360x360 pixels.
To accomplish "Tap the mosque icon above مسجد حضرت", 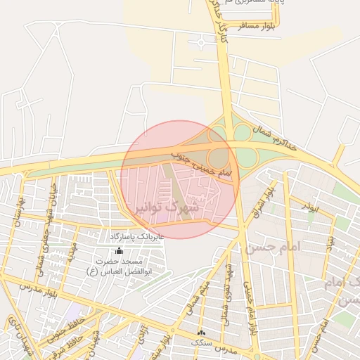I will pyautogui.click(x=118, y=250).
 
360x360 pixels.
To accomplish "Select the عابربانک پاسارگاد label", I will pyautogui.click(x=137, y=237).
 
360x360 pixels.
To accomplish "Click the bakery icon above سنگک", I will pyautogui.click(x=202, y=332).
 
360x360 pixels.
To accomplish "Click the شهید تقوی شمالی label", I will pyautogui.click(x=226, y=288).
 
